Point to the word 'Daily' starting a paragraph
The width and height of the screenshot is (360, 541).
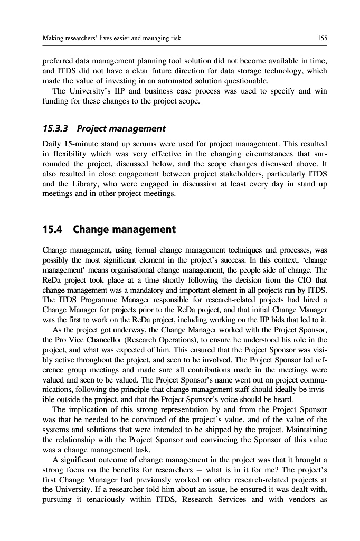pyautogui.click(x=52, y=144)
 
